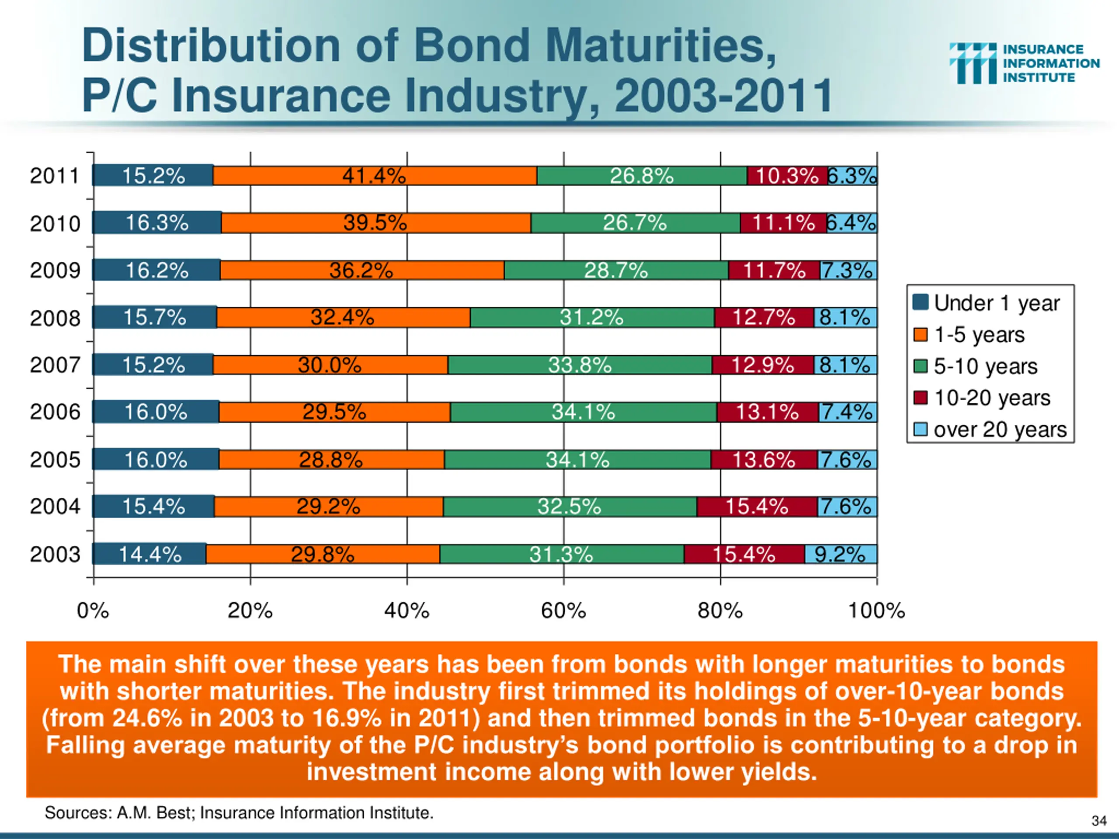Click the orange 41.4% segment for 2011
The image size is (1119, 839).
pyautogui.click(x=374, y=176)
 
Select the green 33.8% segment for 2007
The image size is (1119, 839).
pyautogui.click(x=580, y=364)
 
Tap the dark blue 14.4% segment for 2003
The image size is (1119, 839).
pyautogui.click(x=150, y=554)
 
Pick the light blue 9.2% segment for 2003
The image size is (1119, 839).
pyautogui.click(x=841, y=554)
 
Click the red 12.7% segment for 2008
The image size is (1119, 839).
pyautogui.click(x=764, y=318)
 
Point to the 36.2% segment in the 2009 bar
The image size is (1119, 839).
pyautogui.click(x=361, y=270)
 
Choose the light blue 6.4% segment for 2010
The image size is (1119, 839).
pyautogui.click(x=852, y=222)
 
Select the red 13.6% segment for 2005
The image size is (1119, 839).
pyautogui.click(x=764, y=460)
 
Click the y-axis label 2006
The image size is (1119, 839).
pyautogui.click(x=55, y=412)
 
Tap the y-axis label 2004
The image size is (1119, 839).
pyautogui.click(x=55, y=506)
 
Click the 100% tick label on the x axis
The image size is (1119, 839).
pyautogui.click(x=876, y=611)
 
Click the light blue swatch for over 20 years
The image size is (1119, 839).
pyautogui.click(x=920, y=430)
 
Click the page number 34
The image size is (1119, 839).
pyautogui.click(x=1099, y=821)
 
